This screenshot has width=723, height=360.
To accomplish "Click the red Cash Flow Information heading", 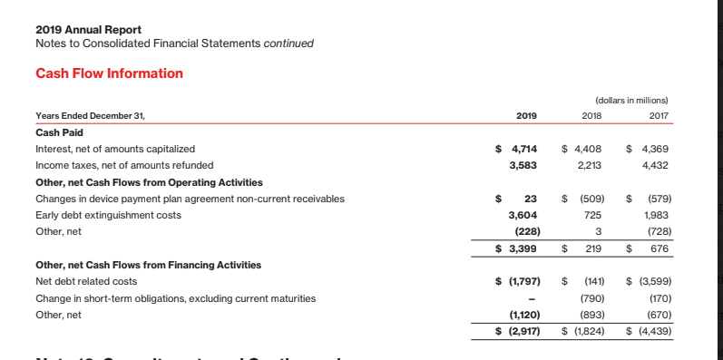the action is pyautogui.click(x=109, y=73).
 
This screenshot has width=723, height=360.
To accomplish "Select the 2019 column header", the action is pyautogui.click(x=526, y=115).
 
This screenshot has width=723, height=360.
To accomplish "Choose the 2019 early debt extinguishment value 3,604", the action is pyautogui.click(x=526, y=215).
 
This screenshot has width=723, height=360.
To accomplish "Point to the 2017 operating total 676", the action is pyautogui.click(x=659, y=248).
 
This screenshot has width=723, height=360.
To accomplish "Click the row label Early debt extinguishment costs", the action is pyautogui.click(x=107, y=215).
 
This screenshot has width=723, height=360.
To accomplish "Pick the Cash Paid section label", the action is pyautogui.click(x=59, y=131).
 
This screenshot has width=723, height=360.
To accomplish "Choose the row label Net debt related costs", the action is pyautogui.click(x=89, y=281).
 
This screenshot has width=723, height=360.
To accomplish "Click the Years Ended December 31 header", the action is pyautogui.click(x=89, y=115).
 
